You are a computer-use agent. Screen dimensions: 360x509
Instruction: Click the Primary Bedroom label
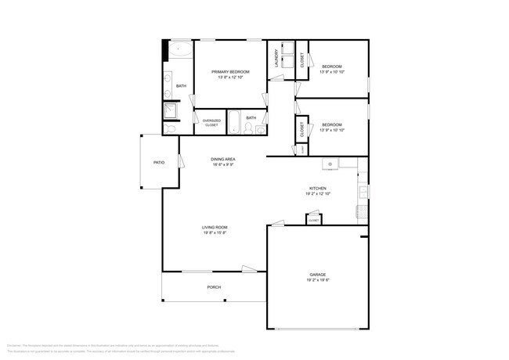(229, 72)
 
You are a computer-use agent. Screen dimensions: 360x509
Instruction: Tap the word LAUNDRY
(276, 59)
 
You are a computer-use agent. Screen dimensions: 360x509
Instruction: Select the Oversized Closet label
(211, 123)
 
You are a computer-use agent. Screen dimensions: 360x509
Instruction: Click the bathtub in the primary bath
(182, 49)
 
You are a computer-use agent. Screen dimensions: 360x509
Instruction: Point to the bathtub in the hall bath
(234, 124)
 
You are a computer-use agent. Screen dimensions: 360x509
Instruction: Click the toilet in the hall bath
(248, 129)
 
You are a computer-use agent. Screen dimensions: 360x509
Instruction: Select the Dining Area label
(223, 160)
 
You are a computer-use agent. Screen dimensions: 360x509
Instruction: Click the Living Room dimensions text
(215, 233)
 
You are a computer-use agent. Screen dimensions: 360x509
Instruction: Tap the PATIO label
(159, 163)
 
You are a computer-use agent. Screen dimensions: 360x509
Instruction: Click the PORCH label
(214, 287)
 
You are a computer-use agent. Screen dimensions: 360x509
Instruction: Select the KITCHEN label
(317, 189)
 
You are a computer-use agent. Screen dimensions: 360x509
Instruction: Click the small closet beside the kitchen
(313, 220)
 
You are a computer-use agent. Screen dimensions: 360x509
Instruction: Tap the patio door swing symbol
(182, 161)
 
